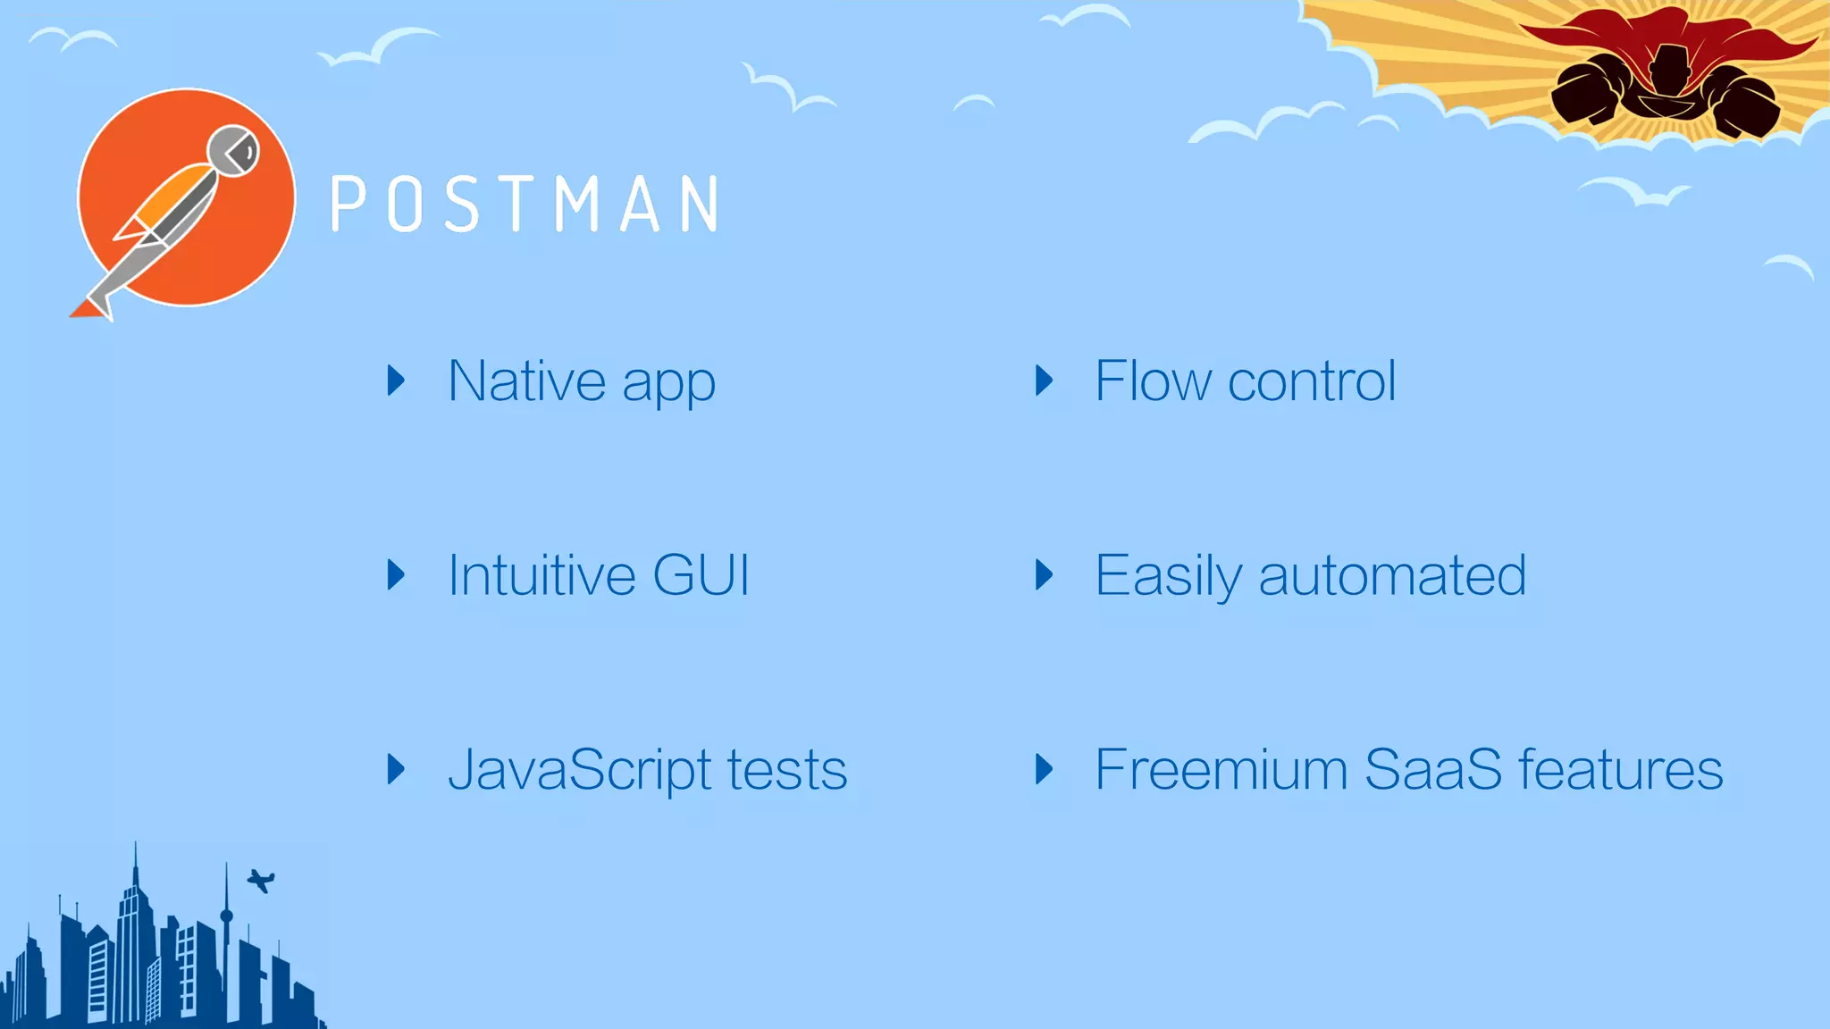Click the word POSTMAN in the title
(525, 205)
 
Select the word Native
(527, 381)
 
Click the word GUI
(701, 575)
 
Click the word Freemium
(1221, 770)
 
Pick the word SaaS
(1433, 770)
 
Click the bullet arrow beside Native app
(396, 381)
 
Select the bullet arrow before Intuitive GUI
(396, 574)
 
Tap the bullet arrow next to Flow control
(1044, 381)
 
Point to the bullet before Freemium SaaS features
(1044, 769)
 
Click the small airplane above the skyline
(261, 881)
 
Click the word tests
(786, 770)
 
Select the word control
(1312, 381)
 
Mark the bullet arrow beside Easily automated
(1044, 574)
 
